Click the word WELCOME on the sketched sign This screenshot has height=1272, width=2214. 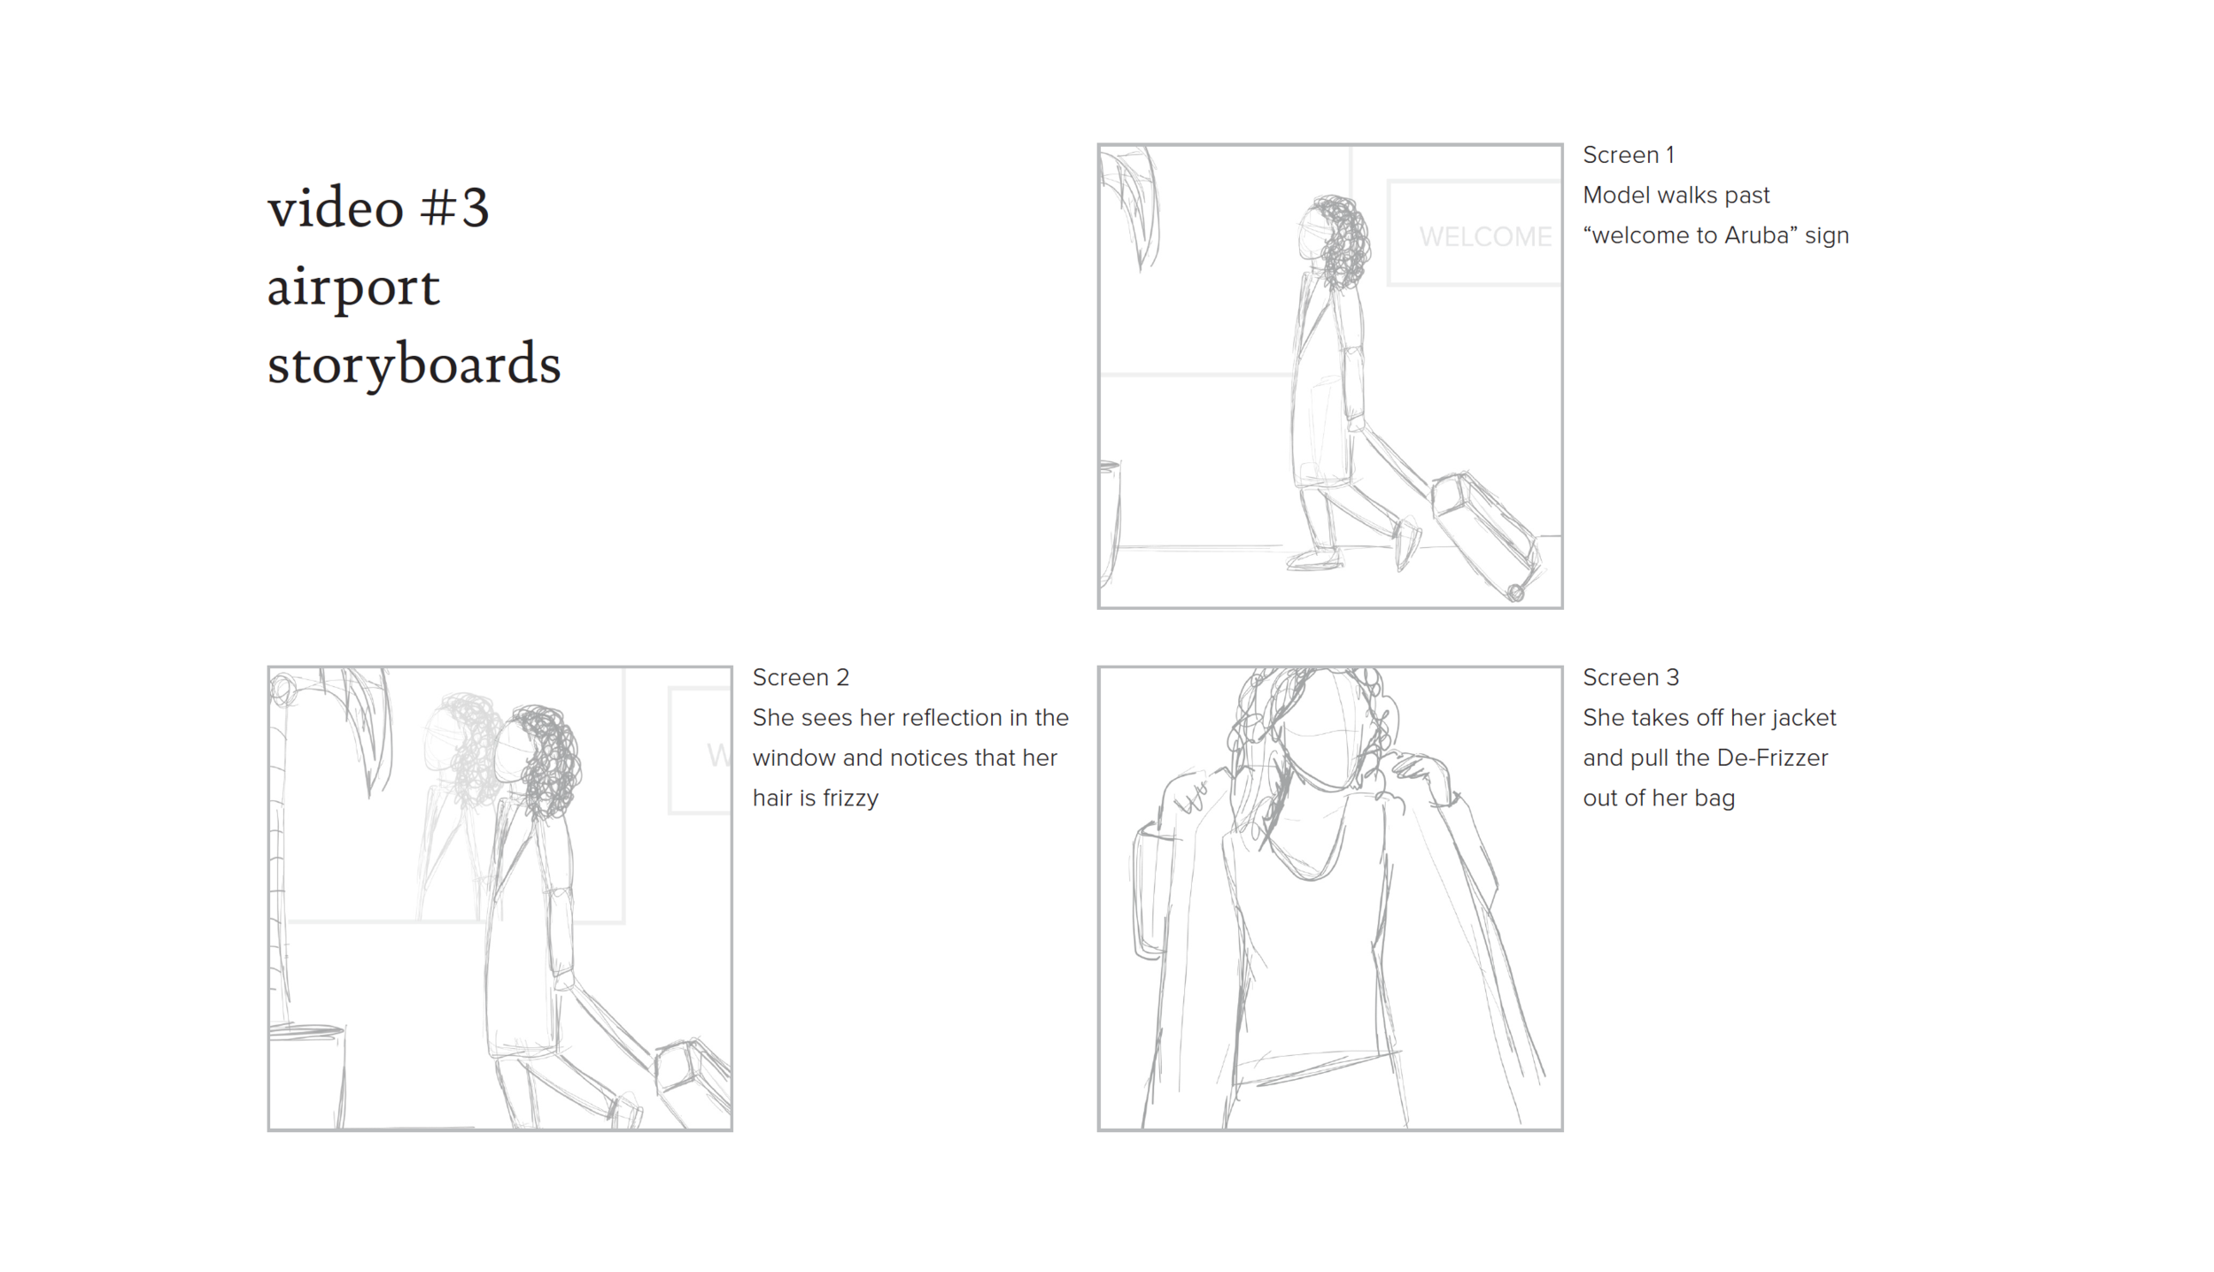(x=1485, y=236)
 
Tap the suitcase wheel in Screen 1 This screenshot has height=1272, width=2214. (x=1515, y=592)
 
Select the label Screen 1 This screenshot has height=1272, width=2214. (x=1628, y=155)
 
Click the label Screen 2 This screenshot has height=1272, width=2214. (x=801, y=677)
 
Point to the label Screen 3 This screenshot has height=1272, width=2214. (x=1630, y=677)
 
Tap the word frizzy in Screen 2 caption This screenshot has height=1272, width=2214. (x=850, y=799)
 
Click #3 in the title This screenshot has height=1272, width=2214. (x=454, y=208)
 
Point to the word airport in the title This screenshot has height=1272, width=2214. (x=353, y=287)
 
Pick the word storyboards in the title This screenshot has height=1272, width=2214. (x=414, y=363)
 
